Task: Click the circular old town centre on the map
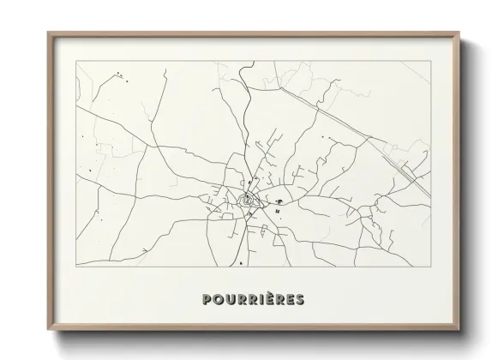pos(248,202)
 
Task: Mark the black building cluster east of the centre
pos(279,202)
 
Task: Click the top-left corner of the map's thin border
pos(77,62)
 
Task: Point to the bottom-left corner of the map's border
pos(77,270)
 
